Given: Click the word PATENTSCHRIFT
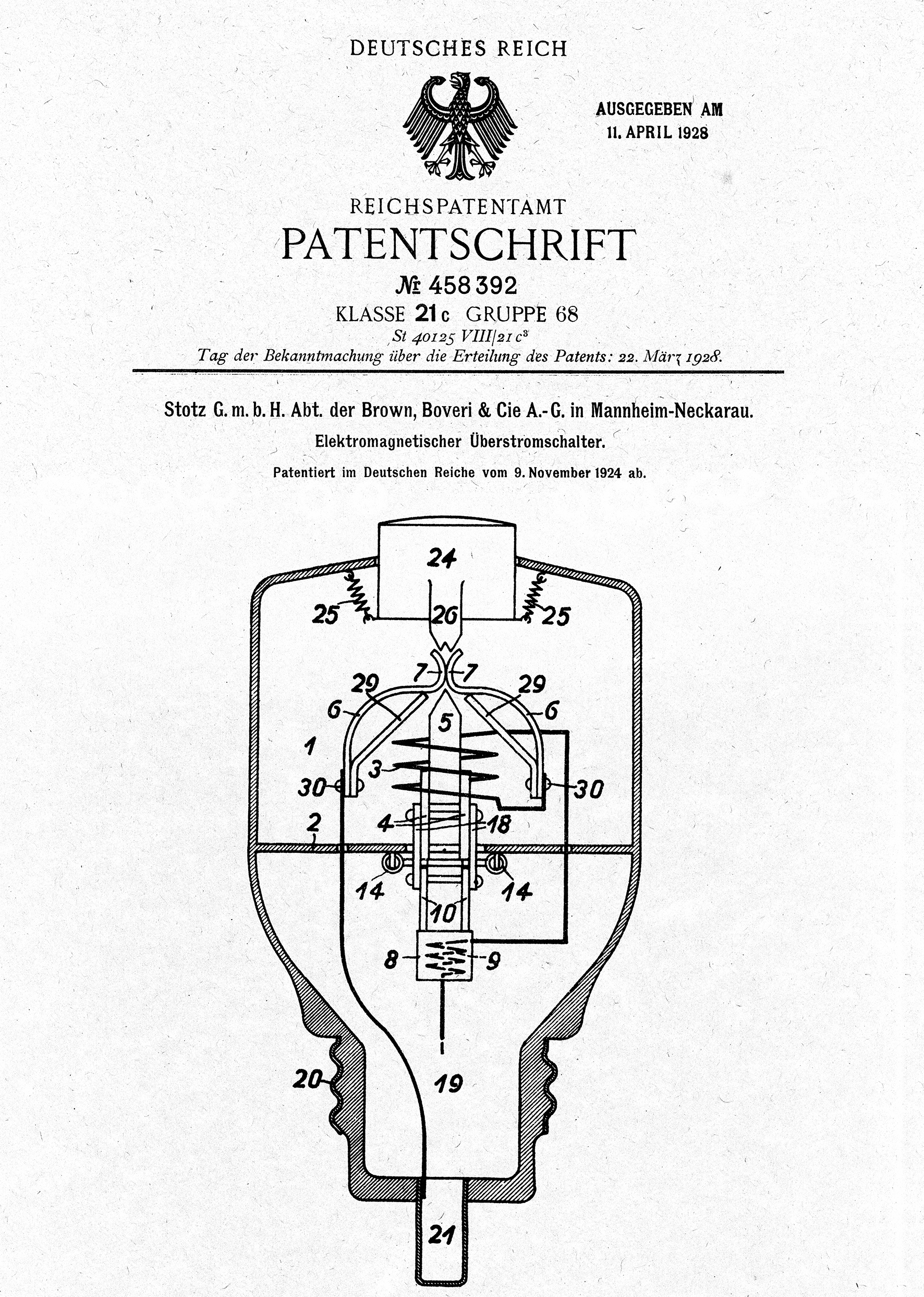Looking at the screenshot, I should (x=458, y=245).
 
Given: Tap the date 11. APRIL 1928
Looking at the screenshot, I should (x=657, y=133).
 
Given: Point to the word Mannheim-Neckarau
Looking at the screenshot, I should (x=672, y=411).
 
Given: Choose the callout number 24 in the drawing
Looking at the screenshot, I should (x=442, y=558).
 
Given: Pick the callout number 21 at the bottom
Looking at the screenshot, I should (x=442, y=1234).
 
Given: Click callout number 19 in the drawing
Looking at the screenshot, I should (x=448, y=1083).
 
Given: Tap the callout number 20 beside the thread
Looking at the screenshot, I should (x=307, y=1079).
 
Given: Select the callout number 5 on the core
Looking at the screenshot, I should (x=445, y=722).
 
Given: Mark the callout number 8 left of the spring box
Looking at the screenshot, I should (x=391, y=960).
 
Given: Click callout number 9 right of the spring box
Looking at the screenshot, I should (x=493, y=960).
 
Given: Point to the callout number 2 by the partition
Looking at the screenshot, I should (x=313, y=822).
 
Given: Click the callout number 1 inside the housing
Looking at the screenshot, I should (x=310, y=746).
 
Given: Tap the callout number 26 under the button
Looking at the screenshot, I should (x=445, y=615).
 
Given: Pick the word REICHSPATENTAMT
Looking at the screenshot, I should (x=458, y=206).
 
